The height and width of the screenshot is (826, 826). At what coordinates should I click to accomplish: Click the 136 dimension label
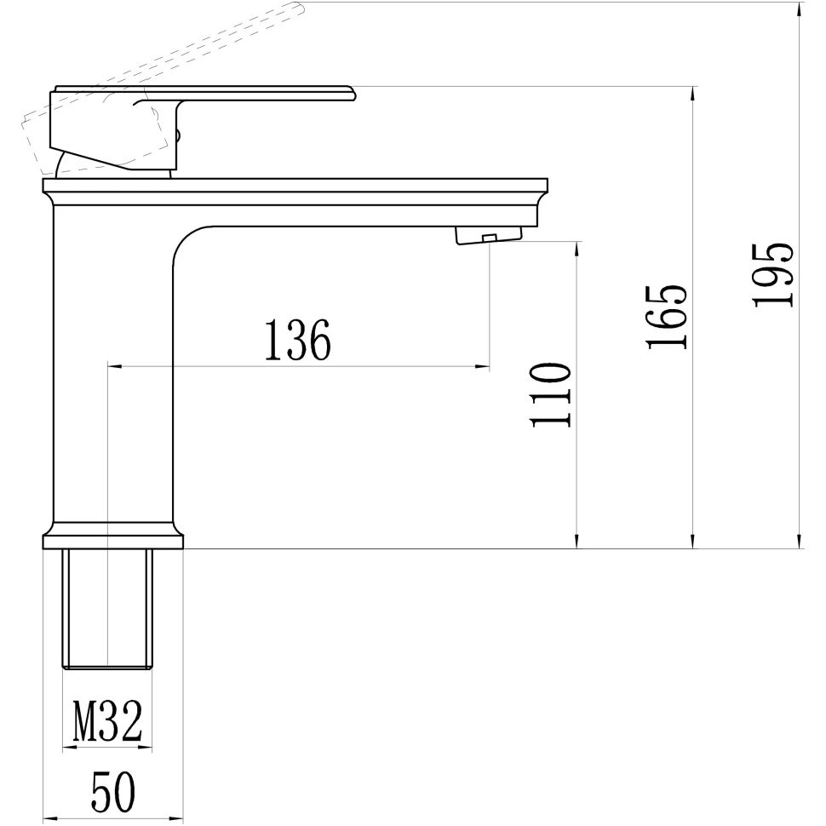click(297, 340)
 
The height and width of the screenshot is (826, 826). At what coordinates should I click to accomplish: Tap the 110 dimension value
click(550, 395)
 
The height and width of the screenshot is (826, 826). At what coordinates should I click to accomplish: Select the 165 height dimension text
click(666, 317)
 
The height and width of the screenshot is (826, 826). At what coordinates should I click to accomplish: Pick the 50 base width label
click(112, 794)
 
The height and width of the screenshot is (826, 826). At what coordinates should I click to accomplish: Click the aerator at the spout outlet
click(488, 234)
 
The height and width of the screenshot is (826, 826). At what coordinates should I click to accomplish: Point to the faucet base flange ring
click(112, 541)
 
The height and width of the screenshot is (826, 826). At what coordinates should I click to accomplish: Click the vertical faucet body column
click(112, 366)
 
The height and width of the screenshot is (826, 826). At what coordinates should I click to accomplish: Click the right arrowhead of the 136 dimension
click(485, 367)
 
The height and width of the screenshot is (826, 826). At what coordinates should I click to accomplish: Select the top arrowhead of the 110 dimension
click(578, 247)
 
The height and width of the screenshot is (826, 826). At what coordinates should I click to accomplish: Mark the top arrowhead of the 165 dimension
click(694, 92)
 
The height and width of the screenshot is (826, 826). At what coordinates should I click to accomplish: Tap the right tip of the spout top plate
click(546, 185)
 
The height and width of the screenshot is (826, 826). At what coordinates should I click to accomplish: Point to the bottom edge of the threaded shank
click(107, 668)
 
